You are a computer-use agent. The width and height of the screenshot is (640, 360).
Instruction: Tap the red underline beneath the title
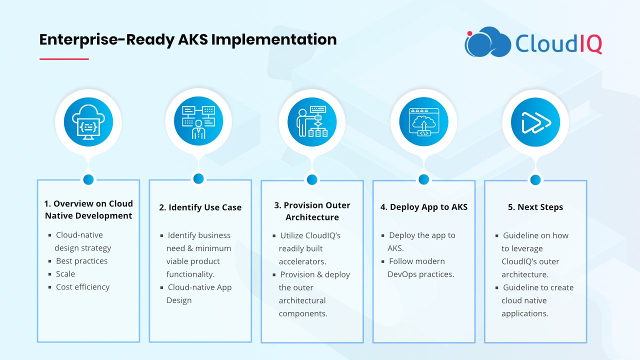[x=64, y=59]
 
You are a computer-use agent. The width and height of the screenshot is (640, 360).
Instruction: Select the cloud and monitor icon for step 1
[x=88, y=122]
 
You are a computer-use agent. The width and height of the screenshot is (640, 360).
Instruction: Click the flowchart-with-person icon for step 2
[x=198, y=121]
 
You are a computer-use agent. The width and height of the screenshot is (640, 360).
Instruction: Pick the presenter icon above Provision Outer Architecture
[x=312, y=122]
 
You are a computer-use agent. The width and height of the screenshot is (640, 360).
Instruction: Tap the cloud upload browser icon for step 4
[x=423, y=122]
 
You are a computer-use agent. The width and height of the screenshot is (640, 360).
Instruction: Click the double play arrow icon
[x=535, y=122]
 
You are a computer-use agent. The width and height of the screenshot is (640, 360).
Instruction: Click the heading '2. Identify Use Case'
[x=200, y=207]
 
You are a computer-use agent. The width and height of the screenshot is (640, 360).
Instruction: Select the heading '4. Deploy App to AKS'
[x=424, y=207]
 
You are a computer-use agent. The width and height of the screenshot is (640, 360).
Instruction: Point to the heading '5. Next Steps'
[x=535, y=207]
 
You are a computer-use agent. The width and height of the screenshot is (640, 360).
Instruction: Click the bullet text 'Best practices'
[x=81, y=261]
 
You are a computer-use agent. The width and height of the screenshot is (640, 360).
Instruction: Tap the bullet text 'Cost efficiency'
[x=82, y=287]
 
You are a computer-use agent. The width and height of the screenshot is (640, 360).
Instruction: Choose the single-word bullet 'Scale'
[x=65, y=273]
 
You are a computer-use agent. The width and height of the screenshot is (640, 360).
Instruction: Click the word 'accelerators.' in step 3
[x=302, y=261]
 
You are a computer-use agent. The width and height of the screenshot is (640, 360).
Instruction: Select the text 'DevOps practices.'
[x=420, y=274]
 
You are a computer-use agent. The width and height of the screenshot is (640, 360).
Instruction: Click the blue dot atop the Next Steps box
[x=535, y=180]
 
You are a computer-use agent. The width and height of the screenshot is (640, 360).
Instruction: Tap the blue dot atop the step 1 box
[x=88, y=179]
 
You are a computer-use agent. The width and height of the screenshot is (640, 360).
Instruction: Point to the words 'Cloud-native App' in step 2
[x=199, y=287]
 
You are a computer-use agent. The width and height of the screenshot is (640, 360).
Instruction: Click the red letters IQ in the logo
[x=591, y=43]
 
